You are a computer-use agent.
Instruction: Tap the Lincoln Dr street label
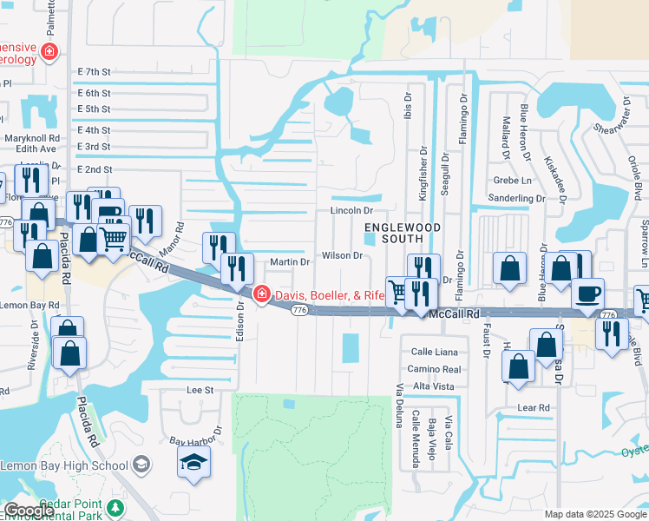click(351, 211)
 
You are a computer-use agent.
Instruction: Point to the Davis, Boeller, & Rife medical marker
click(261, 295)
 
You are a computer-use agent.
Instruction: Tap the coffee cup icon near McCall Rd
click(587, 295)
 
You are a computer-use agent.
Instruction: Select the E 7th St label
click(94, 72)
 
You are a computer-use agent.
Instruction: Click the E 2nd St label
click(95, 169)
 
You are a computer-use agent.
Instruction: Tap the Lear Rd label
click(534, 407)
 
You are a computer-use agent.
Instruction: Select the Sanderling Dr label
click(516, 199)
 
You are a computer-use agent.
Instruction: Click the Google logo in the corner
click(28, 510)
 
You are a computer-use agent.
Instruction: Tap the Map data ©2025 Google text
click(594, 514)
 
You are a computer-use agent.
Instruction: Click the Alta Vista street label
click(433, 385)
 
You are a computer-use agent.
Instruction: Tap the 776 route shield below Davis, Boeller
click(299, 310)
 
